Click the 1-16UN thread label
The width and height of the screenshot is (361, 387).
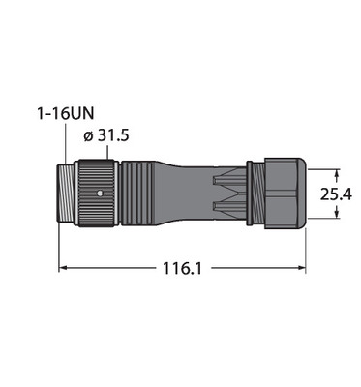pyautogui.click(x=66, y=113)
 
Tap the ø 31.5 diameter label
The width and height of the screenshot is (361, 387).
pyautogui.click(x=106, y=135)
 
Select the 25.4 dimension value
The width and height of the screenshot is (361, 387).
pyautogui.click(x=336, y=194)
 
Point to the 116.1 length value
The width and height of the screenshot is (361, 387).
pyautogui.click(x=182, y=268)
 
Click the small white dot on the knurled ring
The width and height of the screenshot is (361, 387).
pyautogui.click(x=100, y=193)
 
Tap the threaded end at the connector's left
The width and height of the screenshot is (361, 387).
pyautogui.click(x=66, y=193)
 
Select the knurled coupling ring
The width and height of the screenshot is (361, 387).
pyautogui.click(x=96, y=193)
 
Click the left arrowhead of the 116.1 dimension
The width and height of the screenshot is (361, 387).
pyautogui.click(x=63, y=267)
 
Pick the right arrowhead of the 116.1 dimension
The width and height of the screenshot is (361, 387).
pyautogui.click(x=301, y=267)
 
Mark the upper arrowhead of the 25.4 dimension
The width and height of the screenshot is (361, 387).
pyautogui.click(x=337, y=173)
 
